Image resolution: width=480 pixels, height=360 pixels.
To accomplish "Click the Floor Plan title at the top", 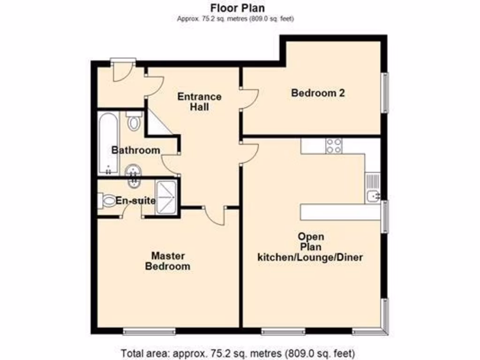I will [237, 8].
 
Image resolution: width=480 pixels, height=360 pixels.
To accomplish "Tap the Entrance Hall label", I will [199, 102].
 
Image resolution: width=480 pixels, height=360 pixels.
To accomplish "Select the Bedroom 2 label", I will [318, 93].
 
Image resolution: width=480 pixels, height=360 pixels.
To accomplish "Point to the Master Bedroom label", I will [167, 261].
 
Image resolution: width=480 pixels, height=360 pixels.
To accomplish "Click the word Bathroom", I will [135, 150].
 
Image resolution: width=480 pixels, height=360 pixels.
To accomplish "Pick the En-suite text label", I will [135, 201].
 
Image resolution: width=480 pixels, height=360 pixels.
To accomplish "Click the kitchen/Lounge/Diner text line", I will [310, 257].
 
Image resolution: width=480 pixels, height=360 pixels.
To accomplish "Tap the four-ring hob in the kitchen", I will [334, 146].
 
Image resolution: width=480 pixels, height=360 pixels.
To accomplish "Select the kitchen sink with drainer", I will [373, 188].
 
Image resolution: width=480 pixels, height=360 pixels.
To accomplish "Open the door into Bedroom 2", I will [248, 99].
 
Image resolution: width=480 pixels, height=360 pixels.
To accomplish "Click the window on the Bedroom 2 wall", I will [385, 92].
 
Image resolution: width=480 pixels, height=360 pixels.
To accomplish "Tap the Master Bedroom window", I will [150, 331].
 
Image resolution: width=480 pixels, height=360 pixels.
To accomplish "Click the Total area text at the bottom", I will [238, 352].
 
